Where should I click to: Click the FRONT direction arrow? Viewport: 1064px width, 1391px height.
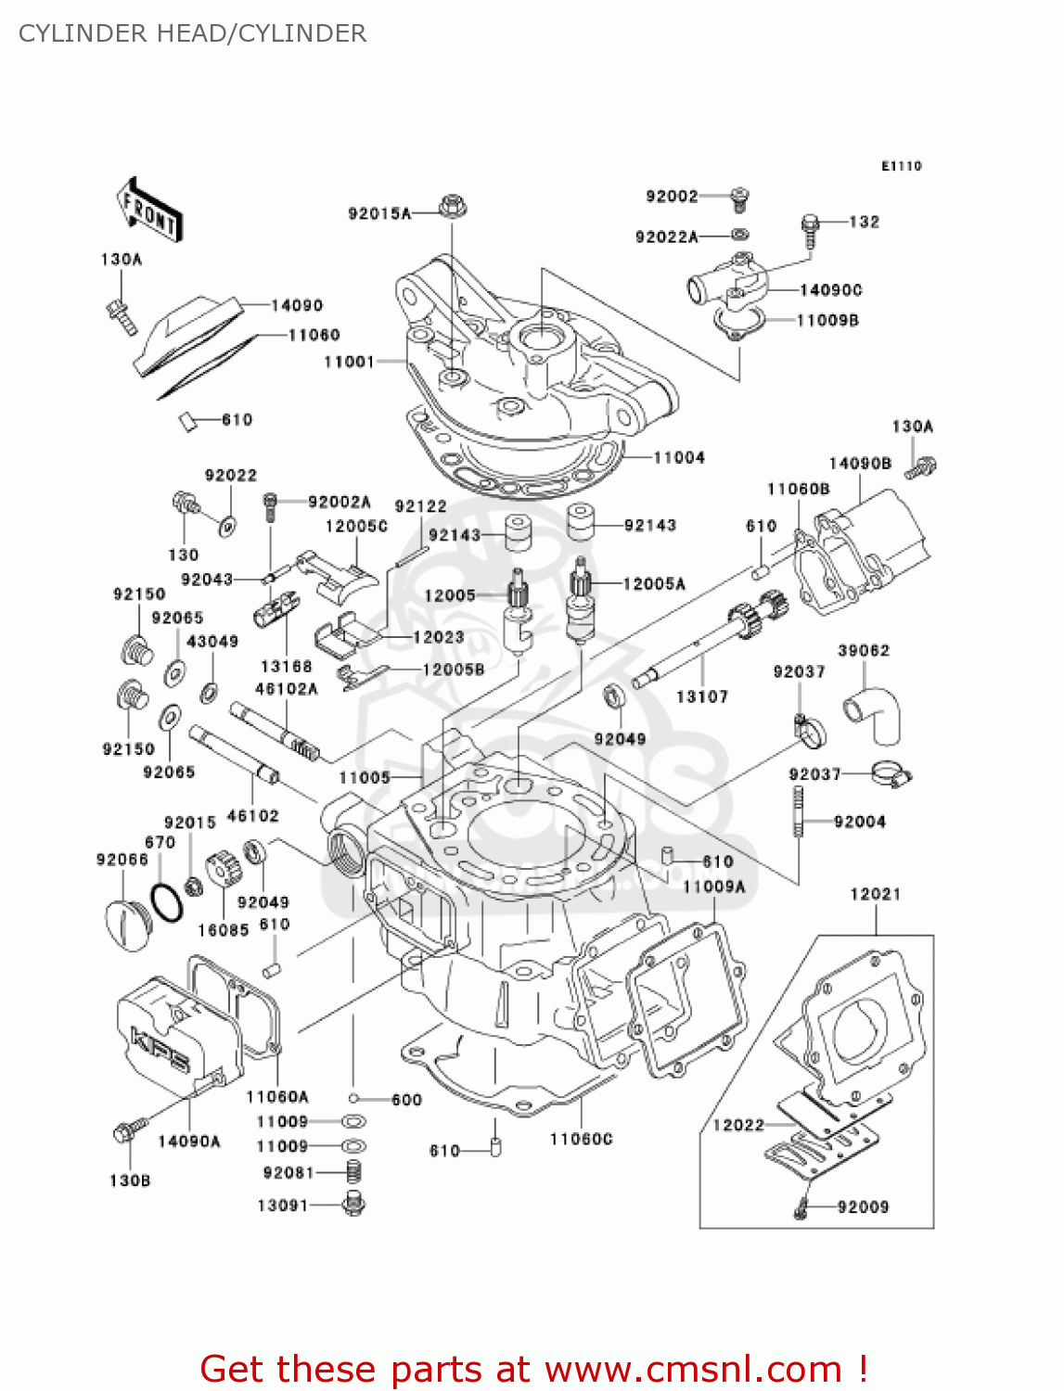(x=148, y=210)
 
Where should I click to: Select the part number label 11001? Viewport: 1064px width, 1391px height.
(x=349, y=362)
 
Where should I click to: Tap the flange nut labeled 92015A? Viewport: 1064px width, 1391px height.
(x=452, y=206)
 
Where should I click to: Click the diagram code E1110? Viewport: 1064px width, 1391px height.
(x=901, y=166)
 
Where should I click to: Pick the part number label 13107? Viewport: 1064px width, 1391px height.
(x=701, y=696)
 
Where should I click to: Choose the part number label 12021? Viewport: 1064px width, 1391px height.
(x=875, y=894)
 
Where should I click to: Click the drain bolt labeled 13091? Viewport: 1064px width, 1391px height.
(x=353, y=1205)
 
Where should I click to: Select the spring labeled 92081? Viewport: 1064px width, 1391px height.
(x=353, y=1172)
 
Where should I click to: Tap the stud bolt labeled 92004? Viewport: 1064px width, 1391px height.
(x=797, y=811)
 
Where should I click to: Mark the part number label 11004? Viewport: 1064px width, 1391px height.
(x=679, y=457)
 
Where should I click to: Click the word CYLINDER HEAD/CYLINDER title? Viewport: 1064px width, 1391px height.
(x=192, y=33)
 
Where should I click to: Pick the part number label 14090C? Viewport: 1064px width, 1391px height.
(x=830, y=290)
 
